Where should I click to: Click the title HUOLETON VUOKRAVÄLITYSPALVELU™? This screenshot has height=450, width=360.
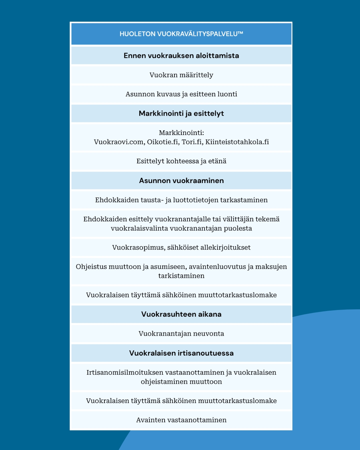click(181, 34)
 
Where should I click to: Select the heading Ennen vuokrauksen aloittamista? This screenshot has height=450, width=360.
click(181, 56)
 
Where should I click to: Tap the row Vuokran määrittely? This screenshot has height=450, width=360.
click(181, 75)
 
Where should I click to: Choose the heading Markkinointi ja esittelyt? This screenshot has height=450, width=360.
click(181, 114)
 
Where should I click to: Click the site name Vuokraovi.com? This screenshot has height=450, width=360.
click(119, 142)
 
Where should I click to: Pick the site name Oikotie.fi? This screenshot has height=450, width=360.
click(163, 142)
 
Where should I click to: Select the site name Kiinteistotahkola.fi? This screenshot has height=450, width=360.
click(237, 142)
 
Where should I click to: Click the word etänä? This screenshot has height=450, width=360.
click(217, 161)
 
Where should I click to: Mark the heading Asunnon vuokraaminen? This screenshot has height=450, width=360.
click(181, 181)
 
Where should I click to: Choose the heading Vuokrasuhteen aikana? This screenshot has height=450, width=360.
click(181, 314)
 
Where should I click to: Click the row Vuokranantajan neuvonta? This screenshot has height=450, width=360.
click(181, 334)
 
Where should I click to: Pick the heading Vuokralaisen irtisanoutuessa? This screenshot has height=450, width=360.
click(181, 353)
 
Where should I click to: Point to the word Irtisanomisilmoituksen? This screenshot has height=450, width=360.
click(125, 373)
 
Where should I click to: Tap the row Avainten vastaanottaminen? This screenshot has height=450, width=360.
click(181, 420)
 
